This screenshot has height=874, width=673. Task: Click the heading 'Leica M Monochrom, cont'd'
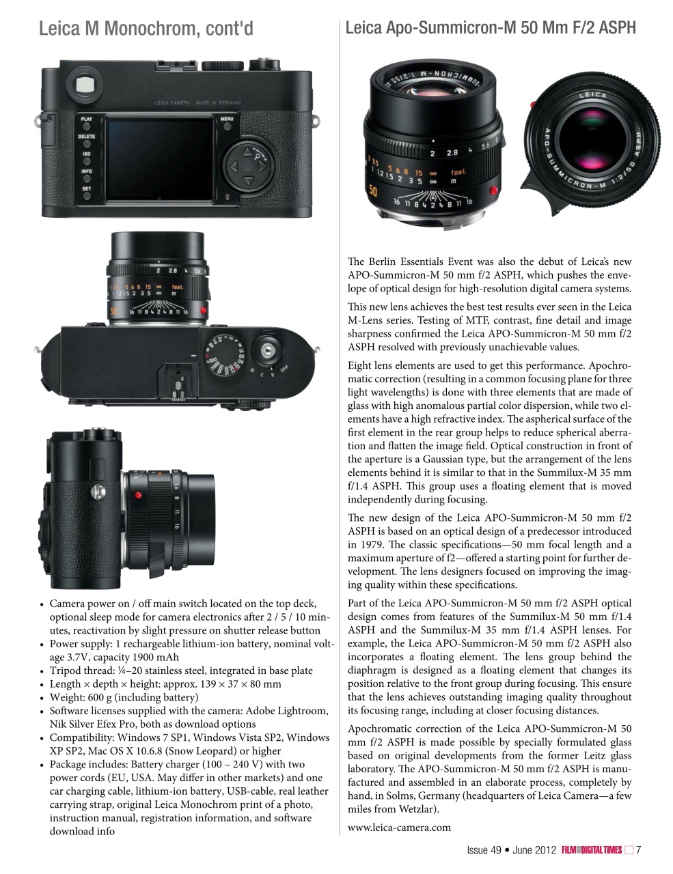pyautogui.click(x=146, y=29)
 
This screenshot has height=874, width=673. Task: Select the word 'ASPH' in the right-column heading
pyautogui.click(x=616, y=28)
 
